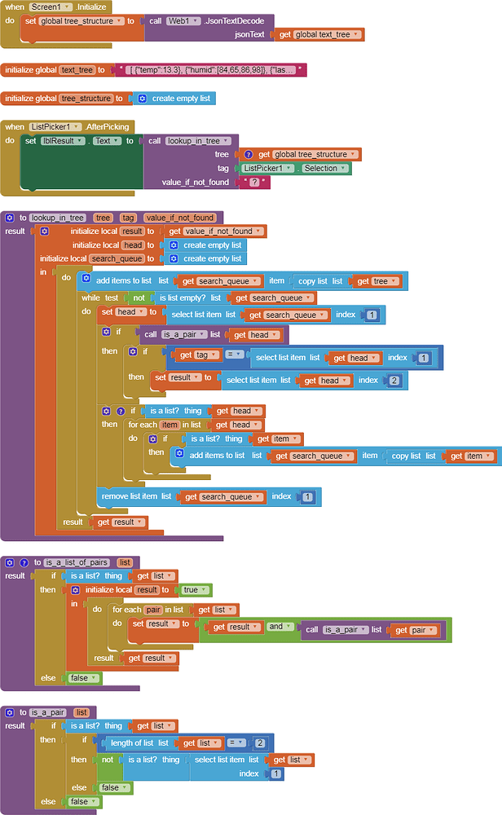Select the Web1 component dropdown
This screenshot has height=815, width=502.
coord(182,20)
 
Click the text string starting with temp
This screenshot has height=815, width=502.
coord(211,70)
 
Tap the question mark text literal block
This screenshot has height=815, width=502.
coord(255,182)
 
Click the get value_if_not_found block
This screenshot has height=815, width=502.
coord(216,231)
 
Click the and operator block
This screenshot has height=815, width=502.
coord(276,627)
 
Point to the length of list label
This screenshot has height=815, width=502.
coord(134,742)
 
